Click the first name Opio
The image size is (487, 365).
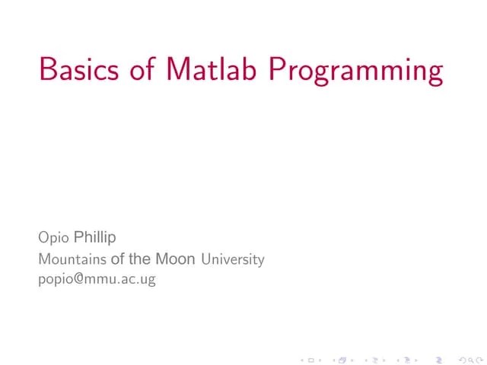coord(53,239)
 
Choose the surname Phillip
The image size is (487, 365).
coord(94,238)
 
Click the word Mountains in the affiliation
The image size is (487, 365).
coord(72,259)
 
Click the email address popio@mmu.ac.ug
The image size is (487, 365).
coord(97,280)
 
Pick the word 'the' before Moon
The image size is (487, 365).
coord(142,259)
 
